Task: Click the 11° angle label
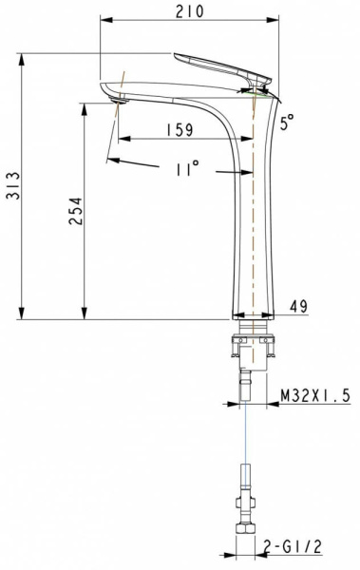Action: (188, 169)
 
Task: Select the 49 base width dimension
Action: (298, 306)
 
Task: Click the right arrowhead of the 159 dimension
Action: (250, 139)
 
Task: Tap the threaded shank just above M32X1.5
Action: (246, 386)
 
